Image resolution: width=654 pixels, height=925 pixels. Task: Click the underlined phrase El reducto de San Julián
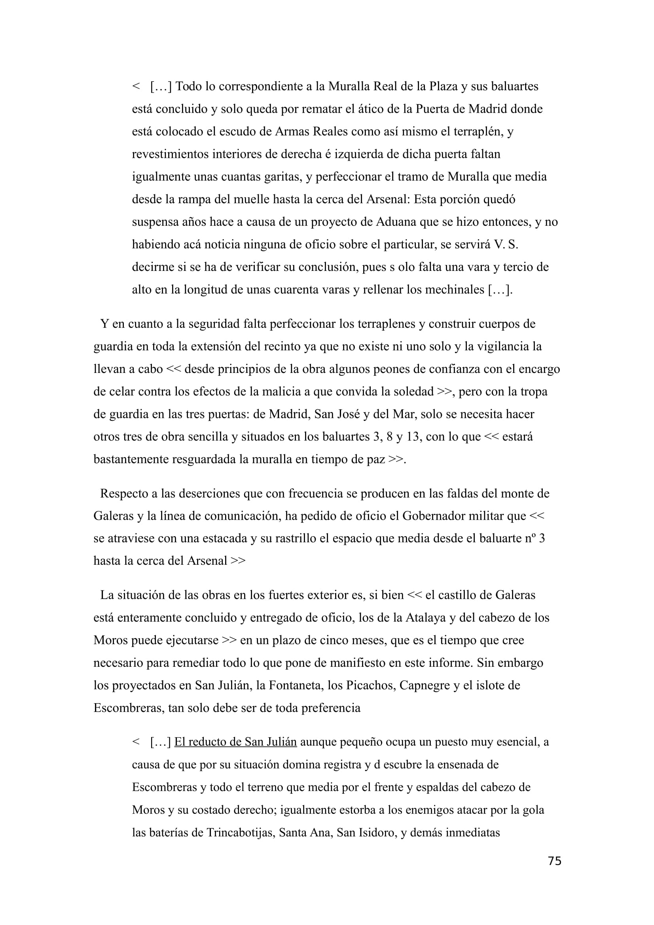pyautogui.click(x=235, y=742)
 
